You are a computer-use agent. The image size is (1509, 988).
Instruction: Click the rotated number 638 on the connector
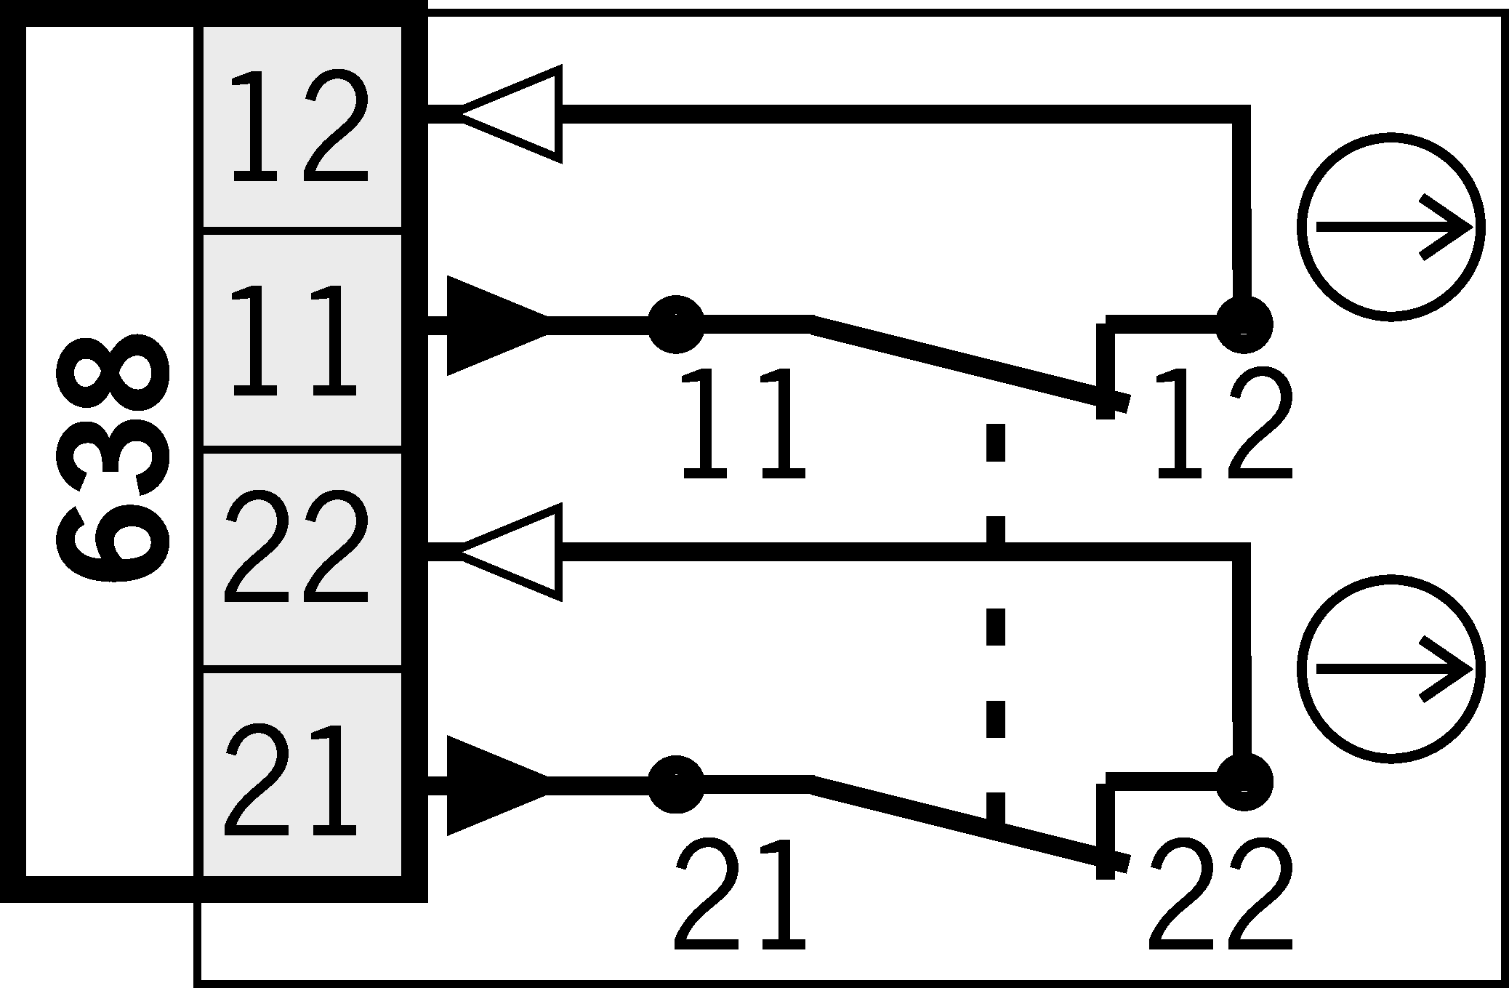coord(113,459)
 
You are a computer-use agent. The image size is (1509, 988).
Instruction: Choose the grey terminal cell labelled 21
coord(301,775)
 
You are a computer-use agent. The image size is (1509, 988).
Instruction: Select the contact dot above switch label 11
coord(675,324)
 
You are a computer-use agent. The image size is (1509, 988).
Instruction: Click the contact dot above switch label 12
coord(1244,324)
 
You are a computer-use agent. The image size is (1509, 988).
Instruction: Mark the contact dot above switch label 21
coord(675,784)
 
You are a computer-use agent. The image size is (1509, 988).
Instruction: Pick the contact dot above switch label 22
coord(1244,784)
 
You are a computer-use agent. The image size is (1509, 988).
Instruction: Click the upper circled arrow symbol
coord(1391,227)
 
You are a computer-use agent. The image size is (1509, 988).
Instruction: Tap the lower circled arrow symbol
coord(1391,670)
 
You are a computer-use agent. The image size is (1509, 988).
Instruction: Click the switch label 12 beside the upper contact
coord(1223,425)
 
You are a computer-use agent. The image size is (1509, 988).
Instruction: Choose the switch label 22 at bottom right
coord(1221,896)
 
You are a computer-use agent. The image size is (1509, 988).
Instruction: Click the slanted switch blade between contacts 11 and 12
coord(967,362)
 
